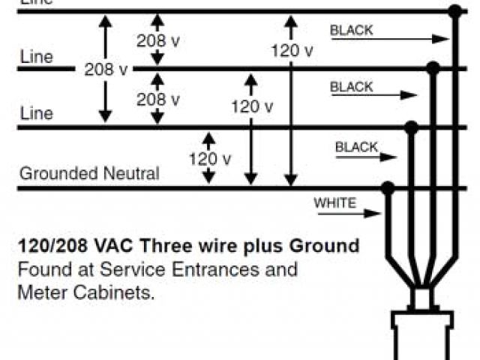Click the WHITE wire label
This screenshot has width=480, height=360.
(x=335, y=202)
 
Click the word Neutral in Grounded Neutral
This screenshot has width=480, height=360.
(x=130, y=174)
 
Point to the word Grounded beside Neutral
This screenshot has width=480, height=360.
(x=58, y=174)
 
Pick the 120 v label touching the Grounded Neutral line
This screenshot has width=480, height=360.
(x=209, y=159)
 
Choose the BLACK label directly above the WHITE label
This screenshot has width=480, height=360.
(x=357, y=147)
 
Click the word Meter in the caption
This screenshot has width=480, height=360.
(x=38, y=292)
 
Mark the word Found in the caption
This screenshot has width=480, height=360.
(x=39, y=268)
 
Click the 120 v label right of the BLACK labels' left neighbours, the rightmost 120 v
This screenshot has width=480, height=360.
(x=292, y=50)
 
